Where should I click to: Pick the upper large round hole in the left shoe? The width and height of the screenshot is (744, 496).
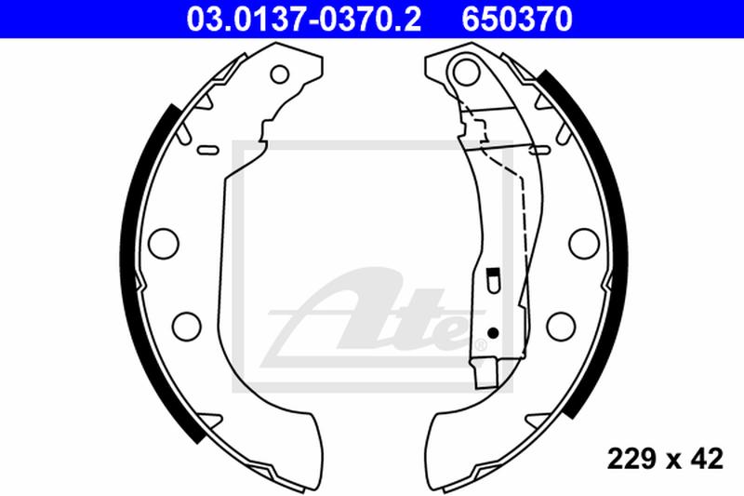click(164, 241)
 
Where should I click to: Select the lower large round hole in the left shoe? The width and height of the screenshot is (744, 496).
click(187, 327)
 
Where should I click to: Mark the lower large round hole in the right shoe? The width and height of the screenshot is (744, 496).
click(560, 327)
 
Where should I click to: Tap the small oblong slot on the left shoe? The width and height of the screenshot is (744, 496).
click(209, 148)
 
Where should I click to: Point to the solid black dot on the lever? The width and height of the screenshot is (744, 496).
click(494, 332)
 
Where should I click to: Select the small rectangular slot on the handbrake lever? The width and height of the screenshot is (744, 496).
click(493, 276)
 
